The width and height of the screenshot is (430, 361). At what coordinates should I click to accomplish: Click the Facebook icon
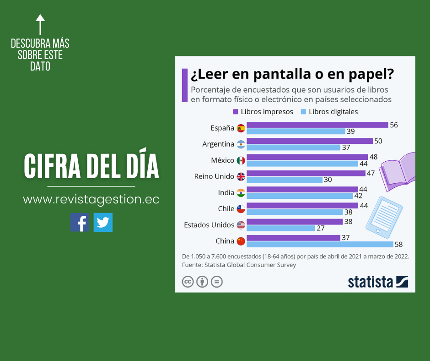point(79,222)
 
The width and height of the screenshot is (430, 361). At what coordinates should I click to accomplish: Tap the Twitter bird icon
point(103,222)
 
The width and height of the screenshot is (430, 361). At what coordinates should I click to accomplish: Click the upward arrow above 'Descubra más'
point(40,24)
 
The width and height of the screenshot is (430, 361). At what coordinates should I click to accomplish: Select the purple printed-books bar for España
point(317,125)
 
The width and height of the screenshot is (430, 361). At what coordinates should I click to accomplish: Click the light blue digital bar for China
point(320,244)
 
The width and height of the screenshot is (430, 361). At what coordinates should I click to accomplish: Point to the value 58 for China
point(398,245)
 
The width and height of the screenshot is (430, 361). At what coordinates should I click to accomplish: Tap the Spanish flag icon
point(241,128)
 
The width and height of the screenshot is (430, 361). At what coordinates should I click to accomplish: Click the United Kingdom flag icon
point(241,176)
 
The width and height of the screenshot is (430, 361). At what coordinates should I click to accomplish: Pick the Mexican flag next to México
point(241,160)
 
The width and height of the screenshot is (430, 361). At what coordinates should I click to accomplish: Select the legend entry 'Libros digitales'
point(329,111)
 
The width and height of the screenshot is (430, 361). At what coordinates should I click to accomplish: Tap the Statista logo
point(378,281)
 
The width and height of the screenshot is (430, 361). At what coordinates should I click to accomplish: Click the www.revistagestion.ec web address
point(91,200)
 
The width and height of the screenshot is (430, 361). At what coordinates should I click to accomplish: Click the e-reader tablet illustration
point(383,215)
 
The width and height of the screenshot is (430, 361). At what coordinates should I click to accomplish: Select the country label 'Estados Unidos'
point(209,225)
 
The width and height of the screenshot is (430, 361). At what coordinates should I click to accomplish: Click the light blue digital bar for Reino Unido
point(284,180)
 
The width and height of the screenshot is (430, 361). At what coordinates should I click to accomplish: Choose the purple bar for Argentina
point(310,141)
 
